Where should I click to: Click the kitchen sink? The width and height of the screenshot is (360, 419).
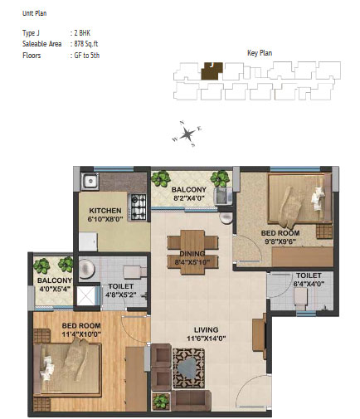pos(90,182)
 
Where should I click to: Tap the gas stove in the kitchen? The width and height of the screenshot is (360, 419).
pos(138,207)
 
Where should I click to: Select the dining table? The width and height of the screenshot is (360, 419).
pos(192,252)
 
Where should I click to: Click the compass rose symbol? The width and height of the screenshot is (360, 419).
pos(187,134)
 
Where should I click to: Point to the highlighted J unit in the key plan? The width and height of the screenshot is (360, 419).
pos(212,71)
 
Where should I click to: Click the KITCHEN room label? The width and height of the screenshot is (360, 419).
pos(105,211)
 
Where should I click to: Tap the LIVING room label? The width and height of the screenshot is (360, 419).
pos(207,329)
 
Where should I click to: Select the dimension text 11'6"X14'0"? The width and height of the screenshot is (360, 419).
pos(207,339)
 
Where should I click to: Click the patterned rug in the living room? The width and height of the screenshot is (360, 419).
pos(189,368)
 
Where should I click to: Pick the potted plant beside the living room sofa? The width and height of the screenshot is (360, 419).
pos(160,402)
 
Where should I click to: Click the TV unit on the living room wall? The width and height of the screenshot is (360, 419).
pos(260,336)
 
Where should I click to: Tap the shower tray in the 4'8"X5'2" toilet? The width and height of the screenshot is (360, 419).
pos(85,296)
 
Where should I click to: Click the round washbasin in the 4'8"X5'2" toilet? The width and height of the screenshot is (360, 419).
pos(86,269)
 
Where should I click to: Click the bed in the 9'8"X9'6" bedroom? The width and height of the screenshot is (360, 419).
pos(299,198)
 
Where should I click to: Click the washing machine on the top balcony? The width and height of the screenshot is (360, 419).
pos(224,196)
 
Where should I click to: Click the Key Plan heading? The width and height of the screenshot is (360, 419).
pos(260,53)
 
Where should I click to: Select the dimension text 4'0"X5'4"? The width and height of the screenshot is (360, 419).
pos(55,289)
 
